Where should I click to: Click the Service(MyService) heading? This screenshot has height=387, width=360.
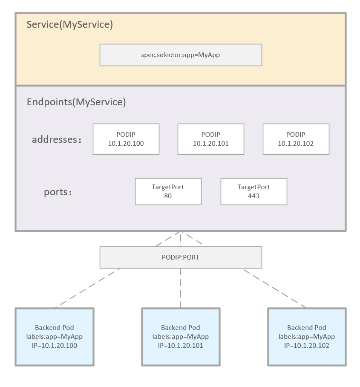(69, 25)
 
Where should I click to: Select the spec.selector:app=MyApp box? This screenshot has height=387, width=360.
(181, 55)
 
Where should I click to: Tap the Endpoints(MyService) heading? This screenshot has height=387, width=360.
(76, 102)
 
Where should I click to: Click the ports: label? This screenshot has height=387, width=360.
(58, 192)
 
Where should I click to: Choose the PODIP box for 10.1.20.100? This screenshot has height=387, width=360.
(126, 139)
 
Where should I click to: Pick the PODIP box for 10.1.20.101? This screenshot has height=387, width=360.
(210, 139)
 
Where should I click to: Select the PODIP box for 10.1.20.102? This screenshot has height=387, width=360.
(296, 139)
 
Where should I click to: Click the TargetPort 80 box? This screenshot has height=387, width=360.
(168, 191)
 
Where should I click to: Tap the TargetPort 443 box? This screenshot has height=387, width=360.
(253, 191)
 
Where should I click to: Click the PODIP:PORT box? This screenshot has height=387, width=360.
(181, 257)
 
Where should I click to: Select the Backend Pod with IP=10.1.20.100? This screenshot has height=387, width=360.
(55, 337)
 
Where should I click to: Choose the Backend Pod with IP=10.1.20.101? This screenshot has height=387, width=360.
(181, 337)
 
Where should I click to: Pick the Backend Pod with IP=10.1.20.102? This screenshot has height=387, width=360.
(307, 337)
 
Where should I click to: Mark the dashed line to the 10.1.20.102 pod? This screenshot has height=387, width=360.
(275, 288)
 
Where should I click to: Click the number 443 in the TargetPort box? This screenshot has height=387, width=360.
(253, 196)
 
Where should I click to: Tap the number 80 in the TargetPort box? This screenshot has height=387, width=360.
(168, 196)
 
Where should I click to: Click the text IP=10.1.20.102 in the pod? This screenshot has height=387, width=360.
(307, 346)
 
